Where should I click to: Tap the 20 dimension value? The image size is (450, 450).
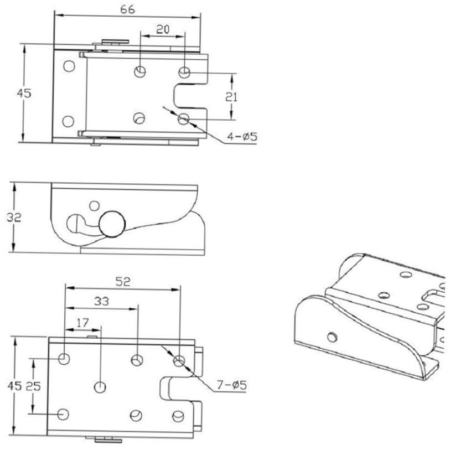(162, 30)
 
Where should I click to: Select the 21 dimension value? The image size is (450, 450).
(232, 96)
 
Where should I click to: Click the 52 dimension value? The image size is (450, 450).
(123, 281)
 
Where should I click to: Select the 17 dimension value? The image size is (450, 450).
(82, 322)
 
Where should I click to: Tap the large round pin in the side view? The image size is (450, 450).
(112, 224)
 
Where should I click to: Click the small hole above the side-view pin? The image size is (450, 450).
(94, 206)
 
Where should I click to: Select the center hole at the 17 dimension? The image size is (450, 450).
(100, 386)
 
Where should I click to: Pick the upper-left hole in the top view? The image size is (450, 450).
(69, 66)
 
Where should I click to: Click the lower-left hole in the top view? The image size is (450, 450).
(69, 121)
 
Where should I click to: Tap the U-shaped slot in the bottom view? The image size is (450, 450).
(174, 387)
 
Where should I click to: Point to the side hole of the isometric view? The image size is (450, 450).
(332, 336)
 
